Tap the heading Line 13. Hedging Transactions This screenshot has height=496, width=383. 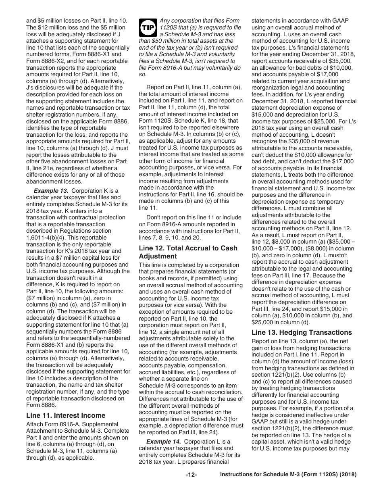point(302,332)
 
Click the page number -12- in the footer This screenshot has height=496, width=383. point(191,486)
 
